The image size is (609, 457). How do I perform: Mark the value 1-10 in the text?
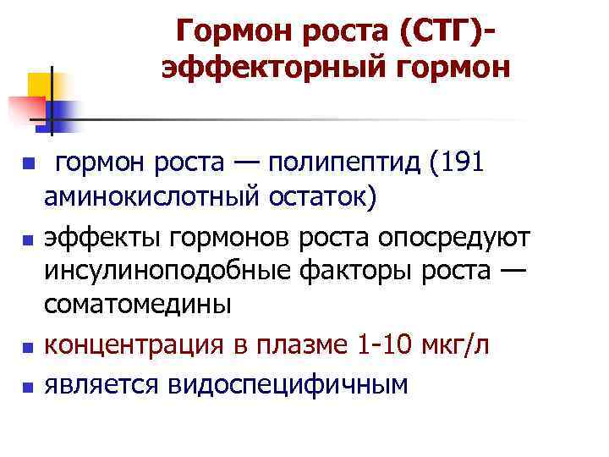[x=381, y=344]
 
